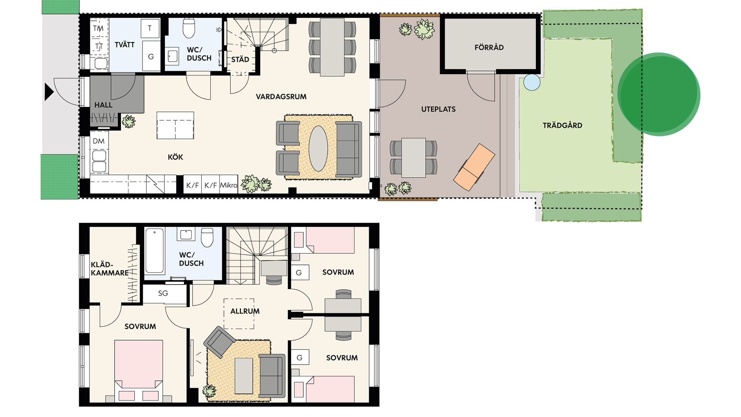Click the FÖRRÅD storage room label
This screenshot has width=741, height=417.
point(489,47)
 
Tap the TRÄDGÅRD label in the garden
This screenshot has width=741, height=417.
point(562,125)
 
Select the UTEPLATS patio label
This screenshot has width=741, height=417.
point(438,109)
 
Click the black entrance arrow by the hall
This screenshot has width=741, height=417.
point(49,92)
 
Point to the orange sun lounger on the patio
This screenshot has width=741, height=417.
point(474,167)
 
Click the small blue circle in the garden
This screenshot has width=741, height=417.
point(532,82)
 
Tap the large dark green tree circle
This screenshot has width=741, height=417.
point(659,94)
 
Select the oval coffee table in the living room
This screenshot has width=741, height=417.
point(318,149)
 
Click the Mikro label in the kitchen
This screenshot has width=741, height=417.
point(228,185)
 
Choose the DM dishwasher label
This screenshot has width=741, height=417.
point(99,141)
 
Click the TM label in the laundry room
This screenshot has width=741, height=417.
point(98,28)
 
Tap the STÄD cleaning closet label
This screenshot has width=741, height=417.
point(240,59)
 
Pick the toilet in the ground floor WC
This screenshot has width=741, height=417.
point(189,28)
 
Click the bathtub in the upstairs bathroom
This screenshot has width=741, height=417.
point(155,251)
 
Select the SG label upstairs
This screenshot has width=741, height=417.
point(163,293)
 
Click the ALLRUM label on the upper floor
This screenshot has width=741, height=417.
point(245,311)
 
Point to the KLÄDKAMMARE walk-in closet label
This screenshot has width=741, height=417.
point(110,269)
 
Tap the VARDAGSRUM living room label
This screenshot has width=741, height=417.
point(281,97)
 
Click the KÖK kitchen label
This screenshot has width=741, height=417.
point(175,157)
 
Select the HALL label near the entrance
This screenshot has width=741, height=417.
point(103,105)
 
